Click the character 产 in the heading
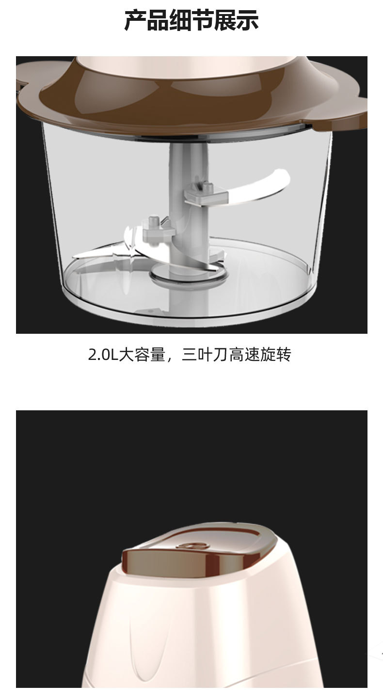pyautogui.click(x=136, y=20)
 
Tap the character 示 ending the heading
pyautogui.click(x=247, y=20)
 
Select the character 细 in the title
pyautogui.click(x=180, y=20)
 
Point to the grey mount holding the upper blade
pyautogui.click(x=206, y=194)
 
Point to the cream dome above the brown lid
pyautogui.click(x=189, y=65)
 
